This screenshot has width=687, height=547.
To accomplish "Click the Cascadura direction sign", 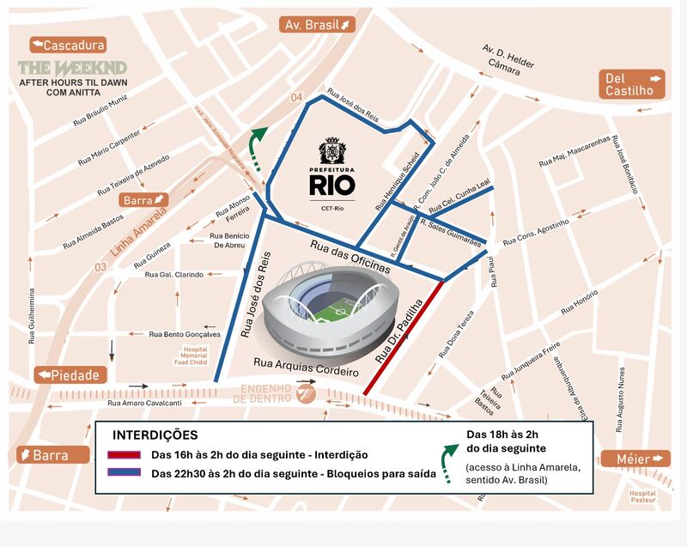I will [x=68, y=45].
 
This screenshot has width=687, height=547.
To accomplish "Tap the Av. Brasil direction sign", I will [x=318, y=24].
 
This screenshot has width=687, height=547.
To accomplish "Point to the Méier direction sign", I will [x=635, y=459].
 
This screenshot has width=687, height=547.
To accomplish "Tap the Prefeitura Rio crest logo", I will [x=331, y=153].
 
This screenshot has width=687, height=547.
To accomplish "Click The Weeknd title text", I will [x=73, y=68].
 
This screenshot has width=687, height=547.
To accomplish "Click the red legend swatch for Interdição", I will [x=125, y=454].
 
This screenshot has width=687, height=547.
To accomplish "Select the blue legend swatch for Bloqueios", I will [x=125, y=472].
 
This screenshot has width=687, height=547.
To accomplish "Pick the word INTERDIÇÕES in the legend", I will [x=155, y=435].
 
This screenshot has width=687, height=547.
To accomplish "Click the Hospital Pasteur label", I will [x=641, y=497].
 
